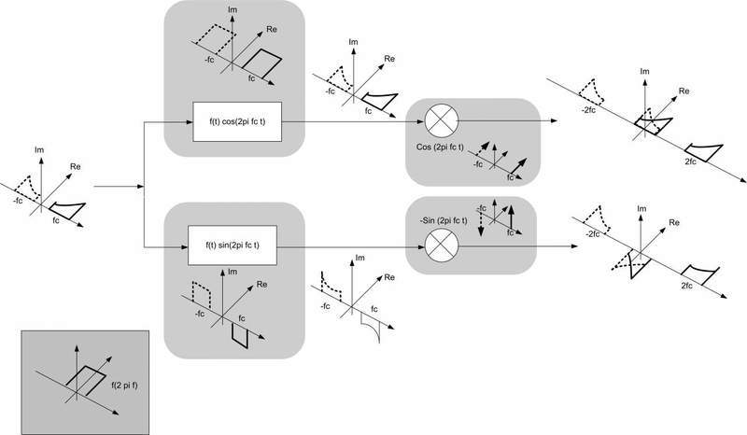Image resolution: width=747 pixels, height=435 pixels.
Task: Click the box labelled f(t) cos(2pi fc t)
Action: pos(236,121)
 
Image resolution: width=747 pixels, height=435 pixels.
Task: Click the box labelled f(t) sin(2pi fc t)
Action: pos(234,246)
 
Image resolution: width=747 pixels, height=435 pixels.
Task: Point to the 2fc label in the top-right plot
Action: pos(693,161)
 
